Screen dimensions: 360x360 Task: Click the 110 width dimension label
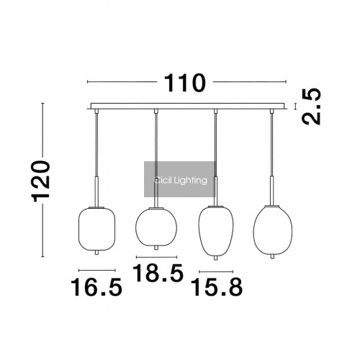[x=185, y=83]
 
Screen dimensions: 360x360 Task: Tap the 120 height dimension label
[x=40, y=181]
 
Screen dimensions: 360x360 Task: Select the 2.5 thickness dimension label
[x=311, y=107]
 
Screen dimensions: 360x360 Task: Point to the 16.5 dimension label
[x=96, y=287]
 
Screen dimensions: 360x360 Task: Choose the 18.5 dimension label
[x=158, y=273]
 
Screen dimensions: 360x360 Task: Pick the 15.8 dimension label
[x=217, y=287]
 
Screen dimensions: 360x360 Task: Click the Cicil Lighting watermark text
[x=180, y=180]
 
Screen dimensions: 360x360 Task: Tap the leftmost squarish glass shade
[x=96, y=229]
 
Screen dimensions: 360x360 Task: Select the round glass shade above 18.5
[x=156, y=227]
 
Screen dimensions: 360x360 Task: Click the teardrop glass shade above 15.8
[x=215, y=231]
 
